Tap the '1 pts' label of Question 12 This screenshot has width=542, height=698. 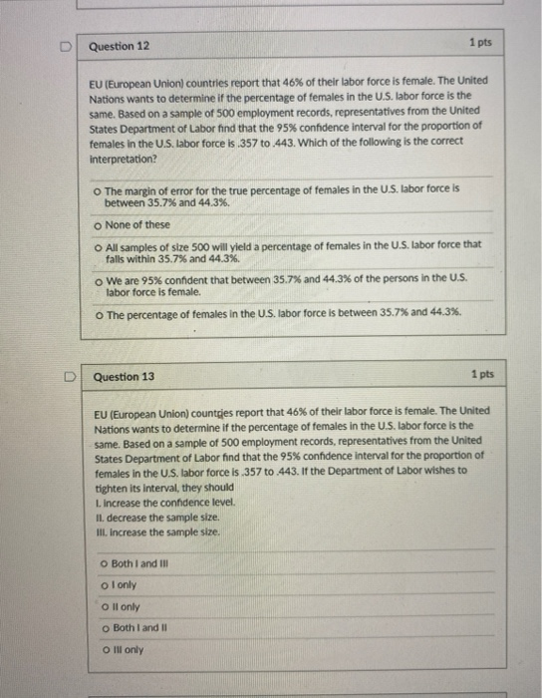tap(479, 44)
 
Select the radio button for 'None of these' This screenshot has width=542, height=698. tap(101, 224)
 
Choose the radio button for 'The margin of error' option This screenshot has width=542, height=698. tap(101, 186)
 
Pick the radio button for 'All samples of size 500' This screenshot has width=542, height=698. tap(101, 244)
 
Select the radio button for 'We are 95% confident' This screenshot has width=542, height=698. tap(101, 281)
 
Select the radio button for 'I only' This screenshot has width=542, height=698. tap(105, 586)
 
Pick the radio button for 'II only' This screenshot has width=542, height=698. tap(105, 606)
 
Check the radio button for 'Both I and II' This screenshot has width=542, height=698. tap(105, 627)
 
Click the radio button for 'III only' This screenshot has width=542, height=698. tap(105, 648)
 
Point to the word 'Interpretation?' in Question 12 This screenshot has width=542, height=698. tap(124, 159)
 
